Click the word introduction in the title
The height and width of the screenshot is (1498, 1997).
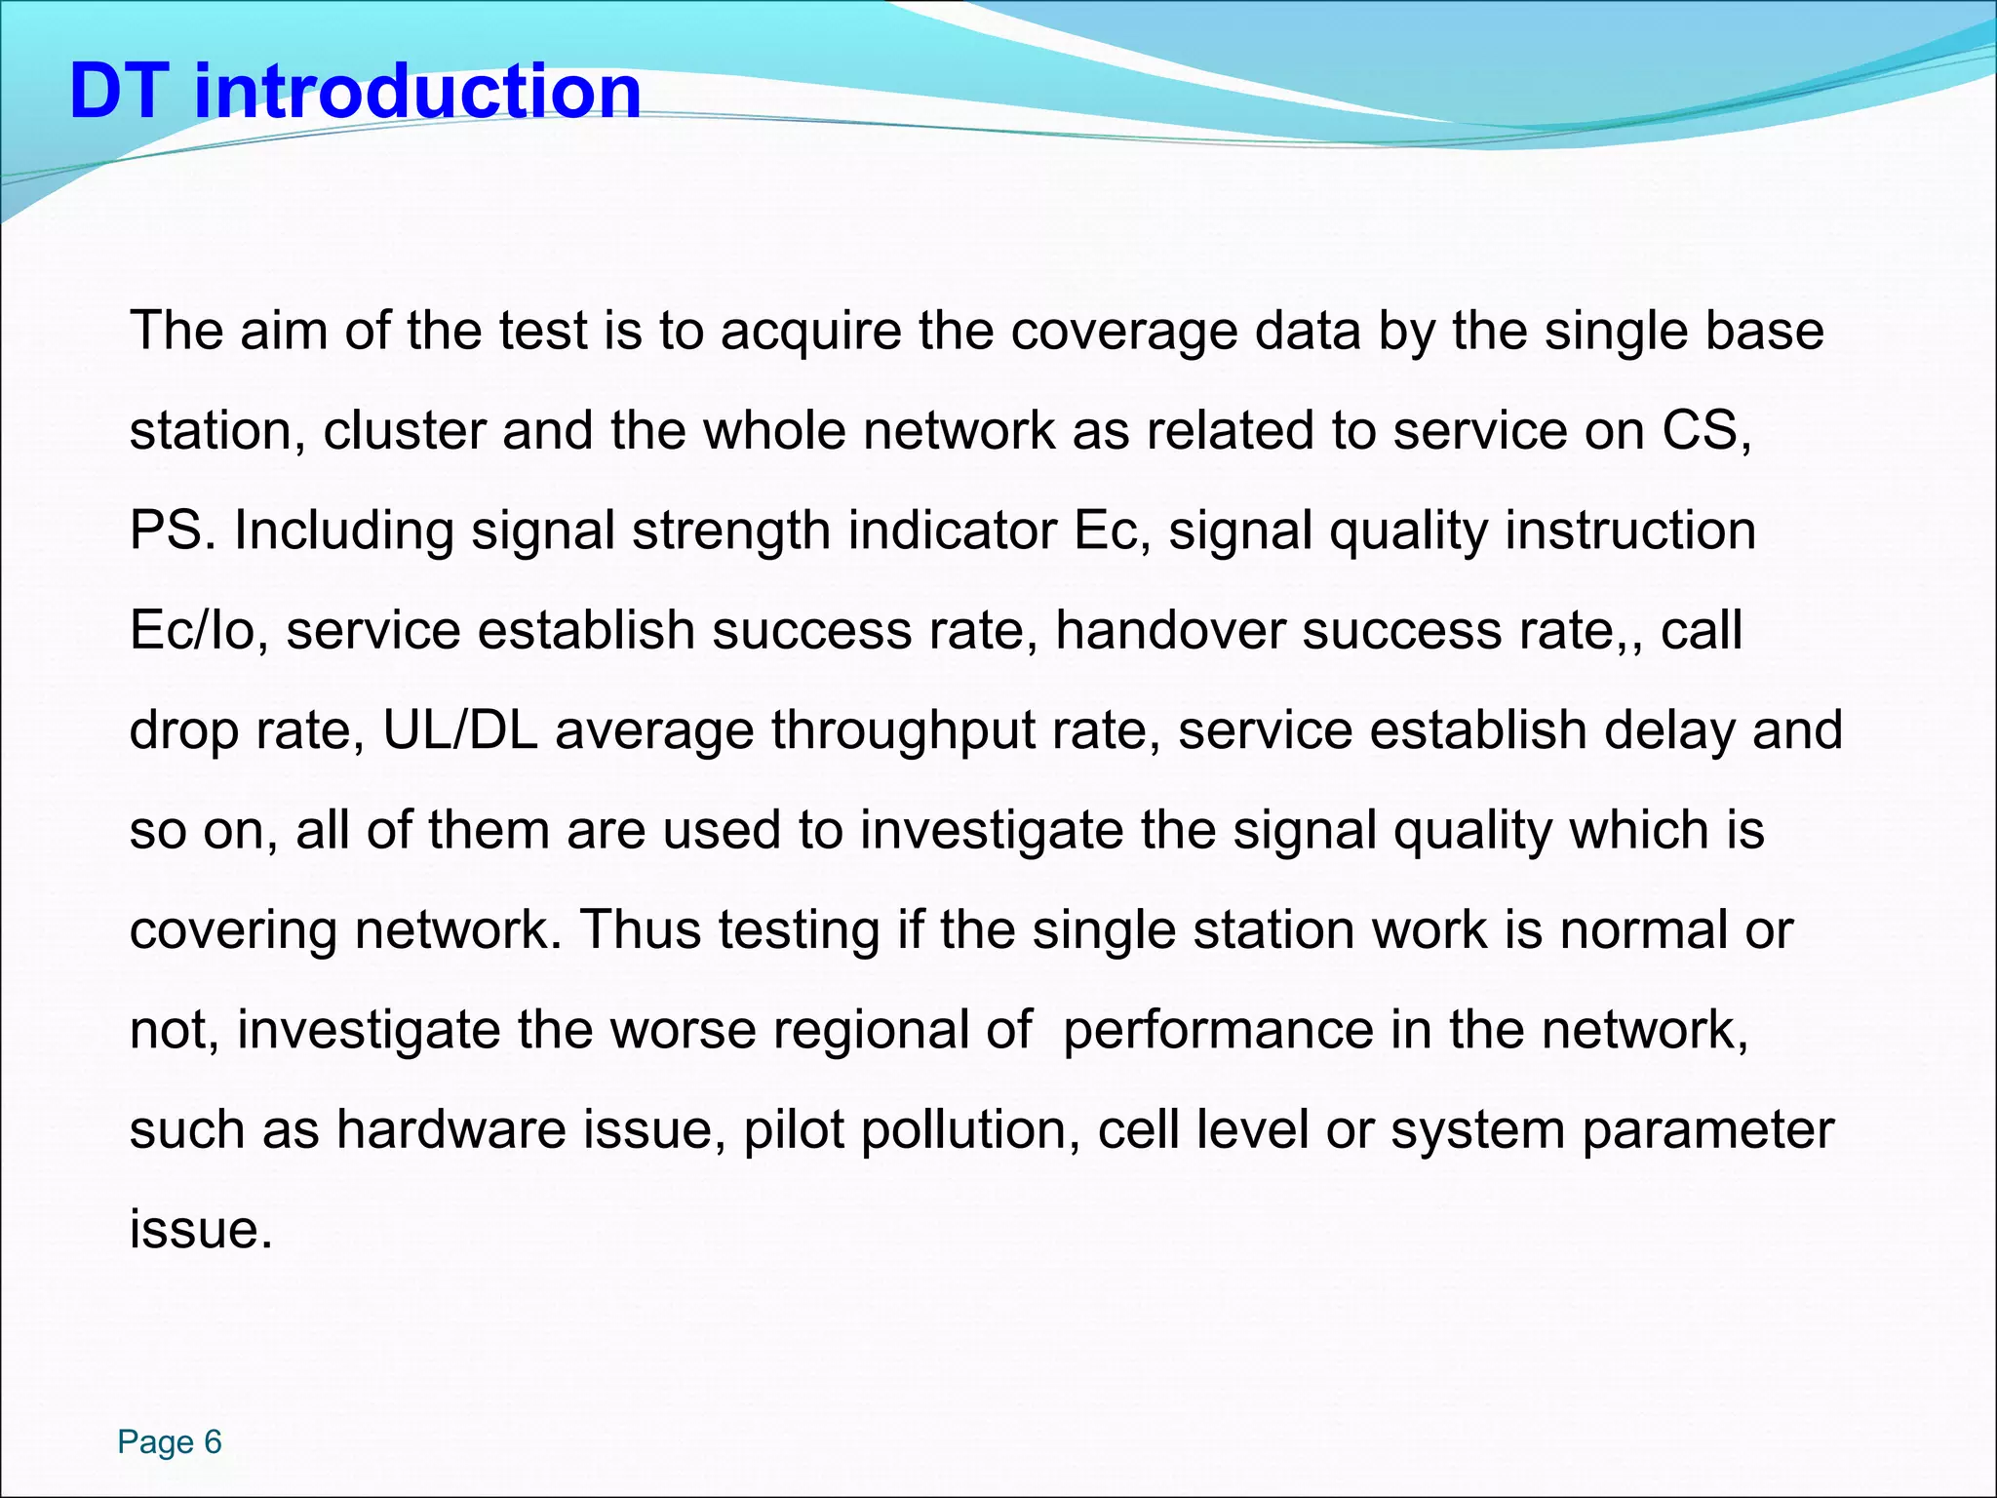[417, 92]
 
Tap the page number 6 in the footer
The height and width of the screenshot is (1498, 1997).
[213, 1441]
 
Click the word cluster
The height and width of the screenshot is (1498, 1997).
[404, 431]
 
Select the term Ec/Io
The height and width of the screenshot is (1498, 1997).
[199, 631]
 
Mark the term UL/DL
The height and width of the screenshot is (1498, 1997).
[460, 731]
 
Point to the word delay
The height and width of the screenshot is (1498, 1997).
[1669, 731]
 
